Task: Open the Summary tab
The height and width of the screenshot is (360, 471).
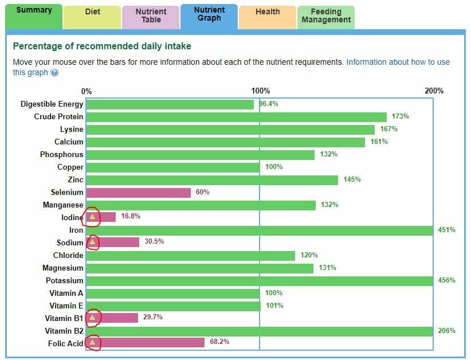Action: click(x=34, y=11)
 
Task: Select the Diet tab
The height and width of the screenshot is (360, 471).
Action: click(x=92, y=12)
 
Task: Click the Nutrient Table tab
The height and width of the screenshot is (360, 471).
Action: click(x=151, y=15)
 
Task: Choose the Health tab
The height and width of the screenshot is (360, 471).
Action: click(x=268, y=12)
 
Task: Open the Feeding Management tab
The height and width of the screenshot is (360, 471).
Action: click(x=325, y=15)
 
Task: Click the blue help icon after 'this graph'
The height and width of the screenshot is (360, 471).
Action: click(x=54, y=73)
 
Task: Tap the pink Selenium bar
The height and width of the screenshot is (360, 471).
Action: click(x=139, y=193)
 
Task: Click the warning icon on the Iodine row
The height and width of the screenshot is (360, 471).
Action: click(x=92, y=217)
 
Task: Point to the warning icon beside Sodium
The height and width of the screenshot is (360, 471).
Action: click(x=92, y=242)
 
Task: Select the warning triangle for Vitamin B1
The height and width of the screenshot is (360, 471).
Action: click(x=92, y=318)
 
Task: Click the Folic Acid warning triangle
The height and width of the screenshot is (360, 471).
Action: click(x=92, y=343)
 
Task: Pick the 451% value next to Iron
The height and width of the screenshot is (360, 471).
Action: click(x=447, y=230)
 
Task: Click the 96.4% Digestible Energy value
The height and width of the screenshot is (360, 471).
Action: click(x=268, y=104)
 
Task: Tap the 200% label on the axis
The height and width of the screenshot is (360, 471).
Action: click(x=434, y=91)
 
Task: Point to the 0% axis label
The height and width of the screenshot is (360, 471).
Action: click(x=87, y=91)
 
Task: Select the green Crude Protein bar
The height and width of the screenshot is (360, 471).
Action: click(x=236, y=117)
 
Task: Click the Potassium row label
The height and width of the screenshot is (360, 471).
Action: click(x=64, y=280)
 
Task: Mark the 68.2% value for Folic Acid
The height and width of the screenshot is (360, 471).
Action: click(x=219, y=342)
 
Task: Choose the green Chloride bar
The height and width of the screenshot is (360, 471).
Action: click(x=190, y=256)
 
